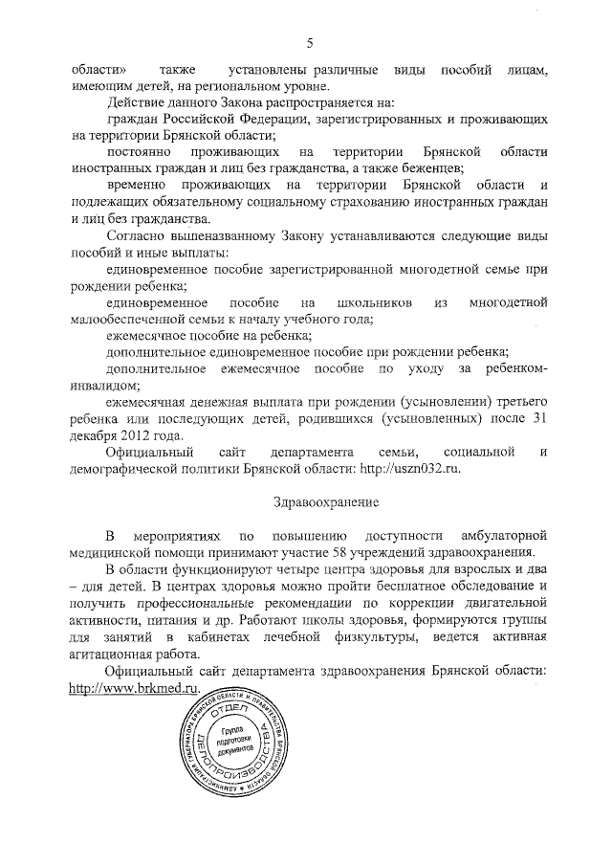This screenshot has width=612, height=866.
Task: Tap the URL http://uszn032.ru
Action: pos(421,469)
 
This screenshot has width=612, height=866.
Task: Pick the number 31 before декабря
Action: pos(538,417)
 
